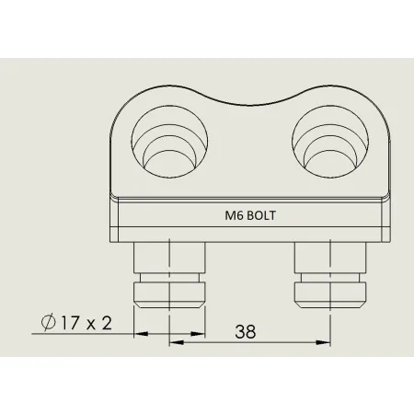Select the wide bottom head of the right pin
(x=328, y=293)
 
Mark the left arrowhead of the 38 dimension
(x=174, y=342)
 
